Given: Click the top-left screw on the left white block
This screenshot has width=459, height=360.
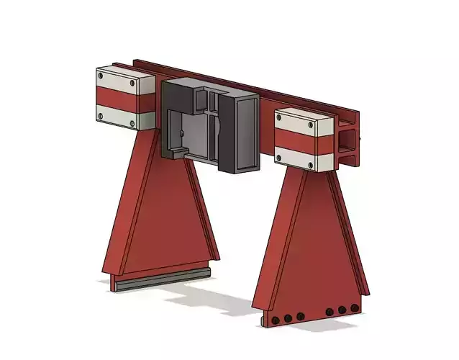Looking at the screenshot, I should tap(101, 73).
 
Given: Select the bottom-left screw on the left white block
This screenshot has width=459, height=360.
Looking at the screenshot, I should tap(101, 115).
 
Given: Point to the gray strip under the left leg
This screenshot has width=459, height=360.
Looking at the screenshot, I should tap(163, 279).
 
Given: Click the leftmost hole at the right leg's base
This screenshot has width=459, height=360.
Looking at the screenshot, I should tap(276, 318).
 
